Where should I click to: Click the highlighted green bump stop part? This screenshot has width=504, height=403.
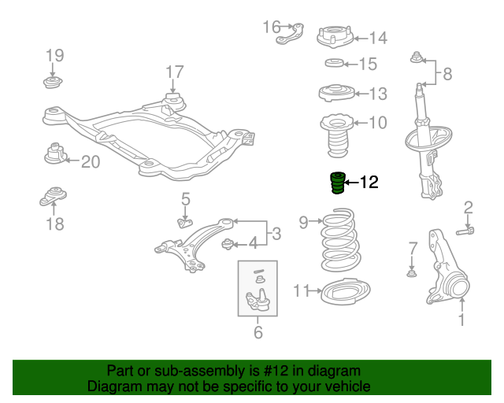(x=337, y=183)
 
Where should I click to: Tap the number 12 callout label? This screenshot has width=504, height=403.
(x=369, y=183)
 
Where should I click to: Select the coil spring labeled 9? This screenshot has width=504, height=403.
(x=339, y=238)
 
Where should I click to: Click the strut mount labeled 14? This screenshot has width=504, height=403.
(x=333, y=37)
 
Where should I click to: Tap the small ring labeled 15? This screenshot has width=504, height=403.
(x=333, y=64)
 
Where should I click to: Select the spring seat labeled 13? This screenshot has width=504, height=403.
(x=335, y=93)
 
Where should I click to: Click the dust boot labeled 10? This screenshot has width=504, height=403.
(x=334, y=134)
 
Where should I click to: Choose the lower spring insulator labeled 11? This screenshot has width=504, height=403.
(x=344, y=292)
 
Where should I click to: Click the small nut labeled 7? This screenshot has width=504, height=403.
(x=411, y=273)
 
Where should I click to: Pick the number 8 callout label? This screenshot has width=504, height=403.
(x=447, y=75)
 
